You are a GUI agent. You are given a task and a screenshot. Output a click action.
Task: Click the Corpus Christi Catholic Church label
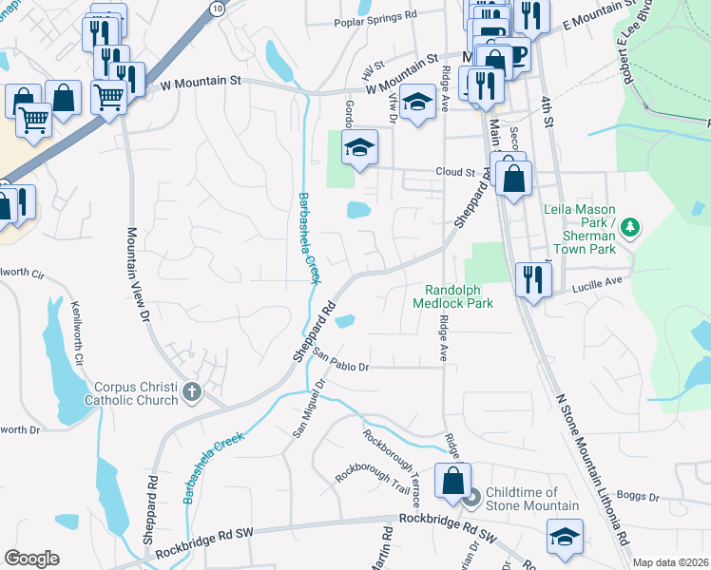[135, 393]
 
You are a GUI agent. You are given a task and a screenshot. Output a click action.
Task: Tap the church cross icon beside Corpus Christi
[191, 391]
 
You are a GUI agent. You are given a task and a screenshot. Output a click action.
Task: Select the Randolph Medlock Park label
[453, 296]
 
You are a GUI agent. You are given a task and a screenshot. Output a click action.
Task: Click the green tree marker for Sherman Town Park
[628, 226]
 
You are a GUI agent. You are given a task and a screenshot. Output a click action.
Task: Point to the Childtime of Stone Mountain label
[531, 498]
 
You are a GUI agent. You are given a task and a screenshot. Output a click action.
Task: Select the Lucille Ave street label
[598, 281]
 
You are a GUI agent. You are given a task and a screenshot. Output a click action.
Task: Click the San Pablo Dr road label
[339, 362]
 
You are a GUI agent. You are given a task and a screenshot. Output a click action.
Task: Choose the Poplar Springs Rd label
[375, 16]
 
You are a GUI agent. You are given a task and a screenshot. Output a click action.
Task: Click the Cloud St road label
[454, 173]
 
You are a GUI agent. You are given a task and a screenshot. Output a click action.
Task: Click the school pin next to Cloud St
[360, 147]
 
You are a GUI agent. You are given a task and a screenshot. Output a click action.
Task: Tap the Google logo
[31, 559]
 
